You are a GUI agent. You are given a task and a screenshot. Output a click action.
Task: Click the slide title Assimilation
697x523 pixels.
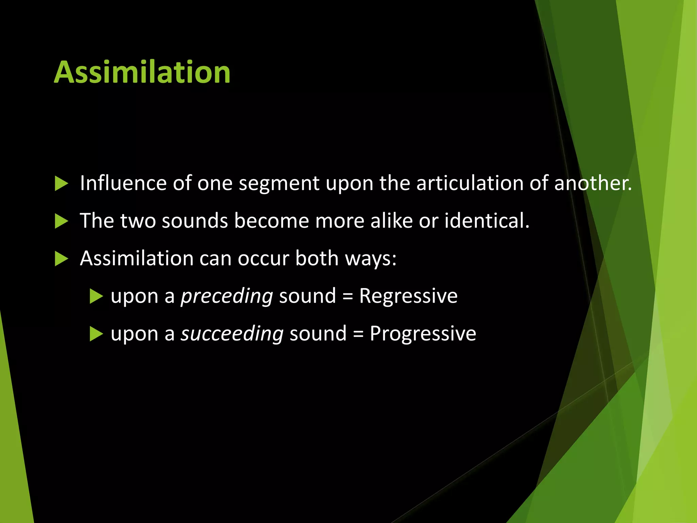coord(142,72)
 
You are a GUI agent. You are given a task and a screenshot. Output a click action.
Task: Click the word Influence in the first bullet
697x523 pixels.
coord(123,183)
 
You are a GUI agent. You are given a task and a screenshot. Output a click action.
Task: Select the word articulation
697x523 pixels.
coord(470,183)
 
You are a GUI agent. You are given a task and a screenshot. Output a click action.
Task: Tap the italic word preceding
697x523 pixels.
coord(227,296)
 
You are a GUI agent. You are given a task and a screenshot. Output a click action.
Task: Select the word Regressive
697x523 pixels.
coord(408,296)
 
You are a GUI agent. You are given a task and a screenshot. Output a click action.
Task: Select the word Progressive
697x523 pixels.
coord(423,333)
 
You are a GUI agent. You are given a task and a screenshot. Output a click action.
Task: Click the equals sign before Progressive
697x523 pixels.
coord(358,334)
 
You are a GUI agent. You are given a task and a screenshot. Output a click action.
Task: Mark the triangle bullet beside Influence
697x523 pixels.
coord(61,184)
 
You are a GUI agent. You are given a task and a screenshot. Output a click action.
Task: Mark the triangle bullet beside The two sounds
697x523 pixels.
coord(61,221)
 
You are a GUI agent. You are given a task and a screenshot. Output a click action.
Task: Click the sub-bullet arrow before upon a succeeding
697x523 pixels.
coord(96,334)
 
